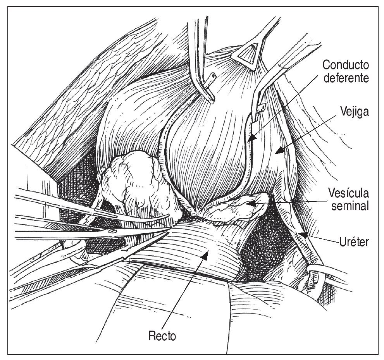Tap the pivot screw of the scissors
tap(113, 231)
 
